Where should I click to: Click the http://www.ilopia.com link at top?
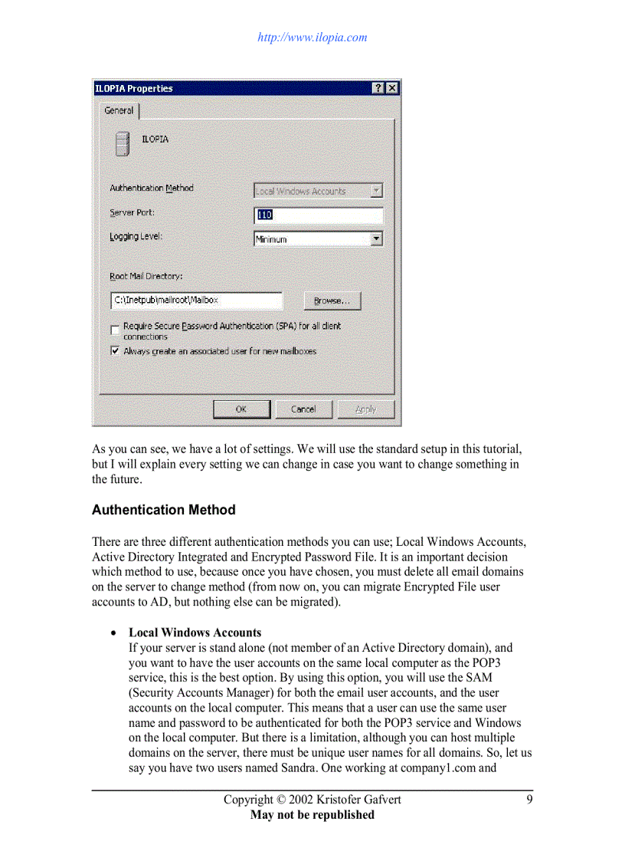click(312, 37)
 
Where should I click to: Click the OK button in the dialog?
click(241, 409)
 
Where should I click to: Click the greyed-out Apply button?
click(366, 409)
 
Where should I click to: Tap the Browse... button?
click(332, 301)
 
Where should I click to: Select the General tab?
click(119, 110)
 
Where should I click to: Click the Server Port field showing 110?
click(318, 215)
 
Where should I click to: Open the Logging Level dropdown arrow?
click(376, 239)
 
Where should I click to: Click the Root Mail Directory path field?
click(196, 301)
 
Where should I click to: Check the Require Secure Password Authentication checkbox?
click(115, 330)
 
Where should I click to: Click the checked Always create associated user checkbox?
click(115, 351)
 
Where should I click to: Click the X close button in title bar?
click(392, 88)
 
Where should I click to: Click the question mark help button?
click(379, 88)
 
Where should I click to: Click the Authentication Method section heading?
click(163, 510)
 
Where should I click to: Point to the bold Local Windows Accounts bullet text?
click(195, 633)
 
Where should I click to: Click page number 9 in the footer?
click(529, 800)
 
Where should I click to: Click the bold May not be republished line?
click(312, 815)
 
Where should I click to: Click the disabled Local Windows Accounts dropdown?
click(318, 191)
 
